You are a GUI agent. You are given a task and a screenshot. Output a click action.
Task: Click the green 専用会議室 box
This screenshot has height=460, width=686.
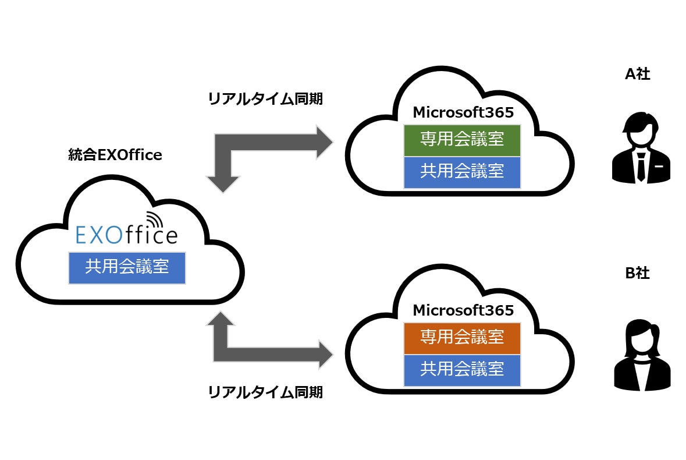(462, 140)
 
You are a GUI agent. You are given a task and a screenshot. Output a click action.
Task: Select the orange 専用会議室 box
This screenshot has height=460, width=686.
(462, 337)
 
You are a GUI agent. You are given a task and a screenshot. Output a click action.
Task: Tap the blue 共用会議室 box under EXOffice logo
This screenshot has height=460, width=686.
(127, 268)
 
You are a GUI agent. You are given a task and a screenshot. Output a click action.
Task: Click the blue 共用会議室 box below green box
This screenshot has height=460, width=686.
(462, 172)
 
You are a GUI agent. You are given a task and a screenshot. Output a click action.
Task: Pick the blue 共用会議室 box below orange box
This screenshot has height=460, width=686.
(462, 369)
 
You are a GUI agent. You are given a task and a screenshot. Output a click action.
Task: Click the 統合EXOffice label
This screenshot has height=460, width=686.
(115, 155)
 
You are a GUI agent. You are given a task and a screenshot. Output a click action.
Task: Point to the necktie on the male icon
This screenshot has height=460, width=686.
(640, 166)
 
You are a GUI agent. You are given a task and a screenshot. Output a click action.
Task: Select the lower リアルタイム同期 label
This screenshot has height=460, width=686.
(265, 392)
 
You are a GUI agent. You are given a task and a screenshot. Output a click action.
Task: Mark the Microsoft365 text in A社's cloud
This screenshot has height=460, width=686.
(463, 112)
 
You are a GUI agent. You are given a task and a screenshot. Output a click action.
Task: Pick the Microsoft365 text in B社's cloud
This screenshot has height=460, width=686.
(463, 310)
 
